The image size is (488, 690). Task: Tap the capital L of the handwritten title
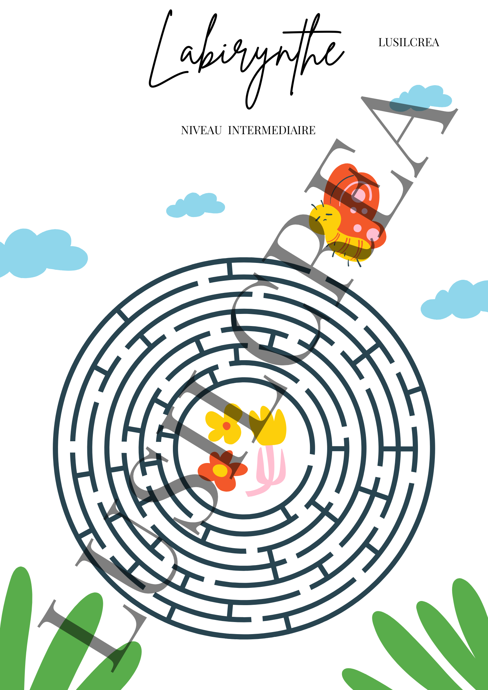point(162,52)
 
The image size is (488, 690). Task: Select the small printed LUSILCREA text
point(409,42)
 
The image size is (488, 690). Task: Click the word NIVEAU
point(201,130)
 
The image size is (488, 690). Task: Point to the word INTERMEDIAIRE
point(272,130)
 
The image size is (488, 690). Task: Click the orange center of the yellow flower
point(226,426)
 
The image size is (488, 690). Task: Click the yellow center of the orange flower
point(220,470)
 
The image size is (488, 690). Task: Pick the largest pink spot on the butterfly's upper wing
point(360,195)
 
